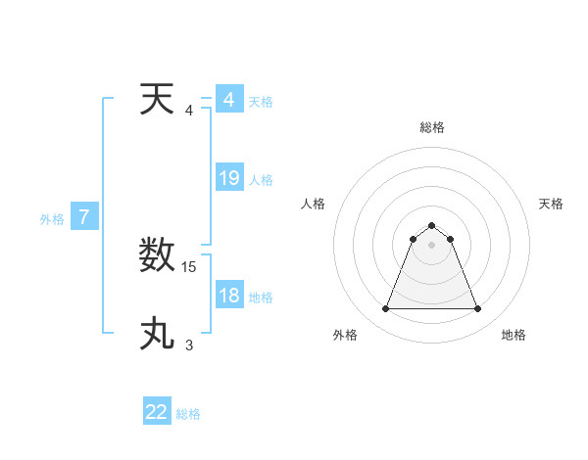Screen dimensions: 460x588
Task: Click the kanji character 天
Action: pos(158,100)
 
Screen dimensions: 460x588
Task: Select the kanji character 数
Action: pos(158,257)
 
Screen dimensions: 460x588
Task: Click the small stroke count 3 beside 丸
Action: pos(189,345)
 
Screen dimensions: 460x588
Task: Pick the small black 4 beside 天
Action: pos(189,110)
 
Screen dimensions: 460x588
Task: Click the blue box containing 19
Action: pos(229,178)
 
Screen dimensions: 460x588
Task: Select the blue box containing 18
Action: pos(229,296)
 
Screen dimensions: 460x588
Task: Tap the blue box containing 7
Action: pos(84,217)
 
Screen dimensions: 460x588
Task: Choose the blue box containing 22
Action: pos(157,412)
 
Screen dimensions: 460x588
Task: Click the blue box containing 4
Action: pos(229,100)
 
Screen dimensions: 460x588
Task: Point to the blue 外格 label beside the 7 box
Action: pos(52,219)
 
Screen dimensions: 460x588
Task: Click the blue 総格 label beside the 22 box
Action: pos(188,414)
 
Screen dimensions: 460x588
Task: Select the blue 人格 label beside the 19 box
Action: pos(261,180)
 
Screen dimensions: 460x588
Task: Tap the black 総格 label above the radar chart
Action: pos(432,127)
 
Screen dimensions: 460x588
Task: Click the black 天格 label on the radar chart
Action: pos(551,204)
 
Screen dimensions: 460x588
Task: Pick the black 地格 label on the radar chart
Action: pos(514,335)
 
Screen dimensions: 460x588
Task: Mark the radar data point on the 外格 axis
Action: pos(386,309)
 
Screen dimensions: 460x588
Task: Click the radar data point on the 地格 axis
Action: pos(478,309)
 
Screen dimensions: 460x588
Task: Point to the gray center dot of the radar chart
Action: pos(432,245)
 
